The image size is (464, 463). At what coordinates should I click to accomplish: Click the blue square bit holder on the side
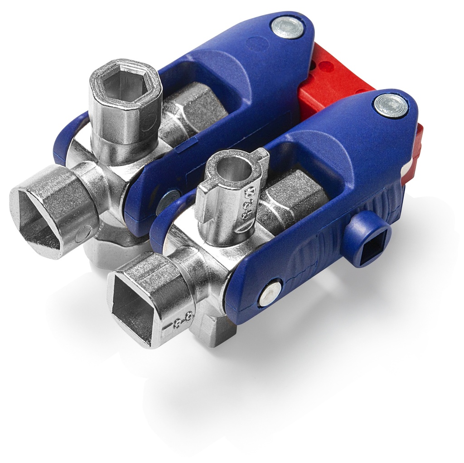[369, 240]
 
